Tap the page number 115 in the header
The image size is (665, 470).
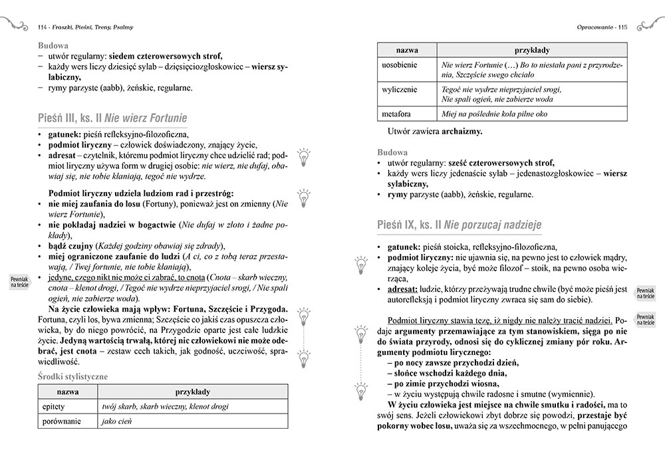coord(623,27)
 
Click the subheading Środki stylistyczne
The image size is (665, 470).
coord(73,376)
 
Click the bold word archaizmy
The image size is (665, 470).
coord(462,132)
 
